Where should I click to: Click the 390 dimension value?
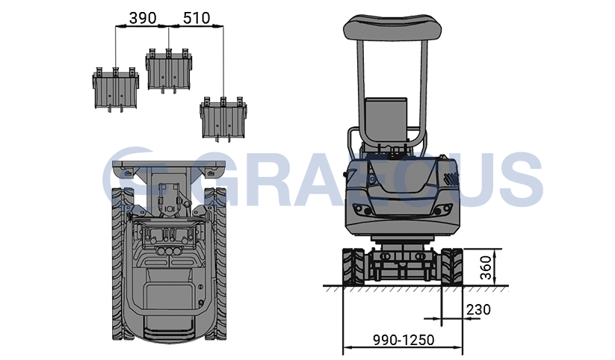[143, 18]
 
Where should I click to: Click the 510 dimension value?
[197, 18]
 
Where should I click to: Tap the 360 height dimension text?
[486, 267]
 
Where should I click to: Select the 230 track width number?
[478, 309]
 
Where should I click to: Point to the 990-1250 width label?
[404, 340]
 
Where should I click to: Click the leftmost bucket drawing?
[116, 90]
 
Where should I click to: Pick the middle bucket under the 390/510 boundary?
[169, 71]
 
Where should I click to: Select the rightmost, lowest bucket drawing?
[223, 120]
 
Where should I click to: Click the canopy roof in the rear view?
[392, 27]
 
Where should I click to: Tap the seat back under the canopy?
[386, 120]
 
